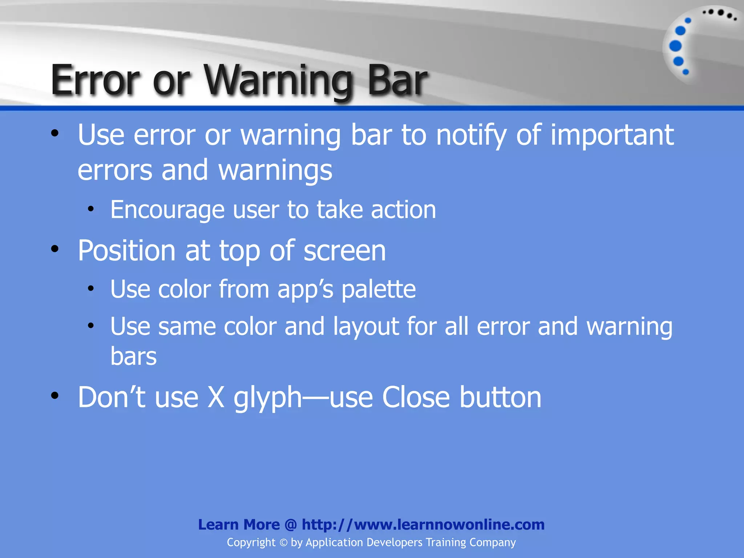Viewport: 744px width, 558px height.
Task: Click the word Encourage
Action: (x=167, y=210)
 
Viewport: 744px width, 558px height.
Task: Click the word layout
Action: (x=366, y=327)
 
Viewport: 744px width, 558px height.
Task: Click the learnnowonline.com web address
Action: (x=423, y=525)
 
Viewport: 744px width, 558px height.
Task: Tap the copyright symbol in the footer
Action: (x=283, y=543)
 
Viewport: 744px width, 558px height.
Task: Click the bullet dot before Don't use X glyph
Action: (x=55, y=396)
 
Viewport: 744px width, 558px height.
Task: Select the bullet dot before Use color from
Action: (x=91, y=289)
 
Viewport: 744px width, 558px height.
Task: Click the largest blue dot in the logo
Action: (x=675, y=46)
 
